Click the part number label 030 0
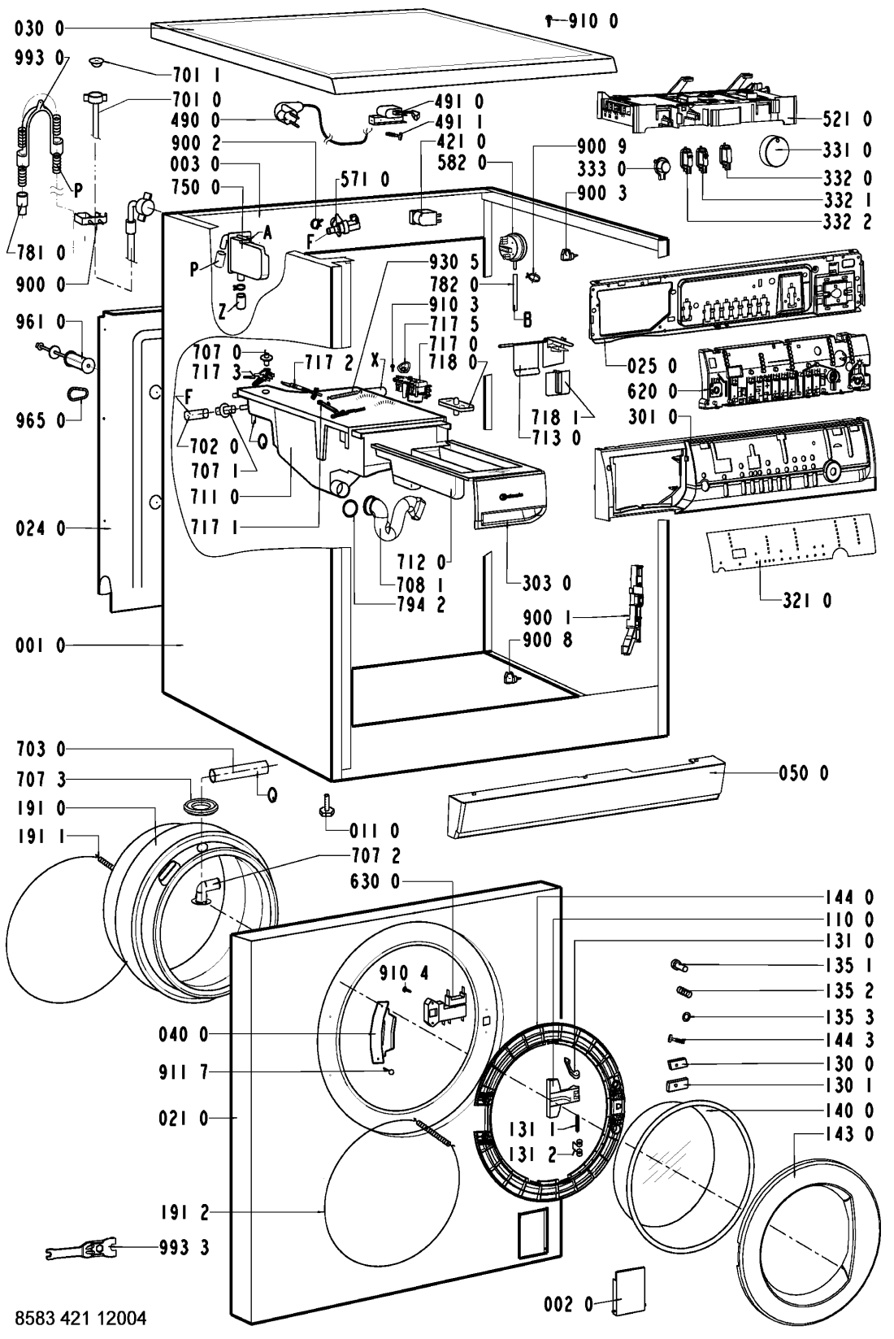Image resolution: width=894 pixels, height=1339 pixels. pyautogui.click(x=39, y=29)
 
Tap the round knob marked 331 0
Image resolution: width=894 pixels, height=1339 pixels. pyautogui.click(x=778, y=151)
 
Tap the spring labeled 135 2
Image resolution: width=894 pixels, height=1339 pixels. pyautogui.click(x=685, y=991)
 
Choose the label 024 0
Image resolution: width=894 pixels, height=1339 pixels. pyautogui.click(x=39, y=528)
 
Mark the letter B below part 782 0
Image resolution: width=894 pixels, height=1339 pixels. pyautogui.click(x=527, y=320)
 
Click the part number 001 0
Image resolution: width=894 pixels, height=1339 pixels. pyautogui.click(x=39, y=646)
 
